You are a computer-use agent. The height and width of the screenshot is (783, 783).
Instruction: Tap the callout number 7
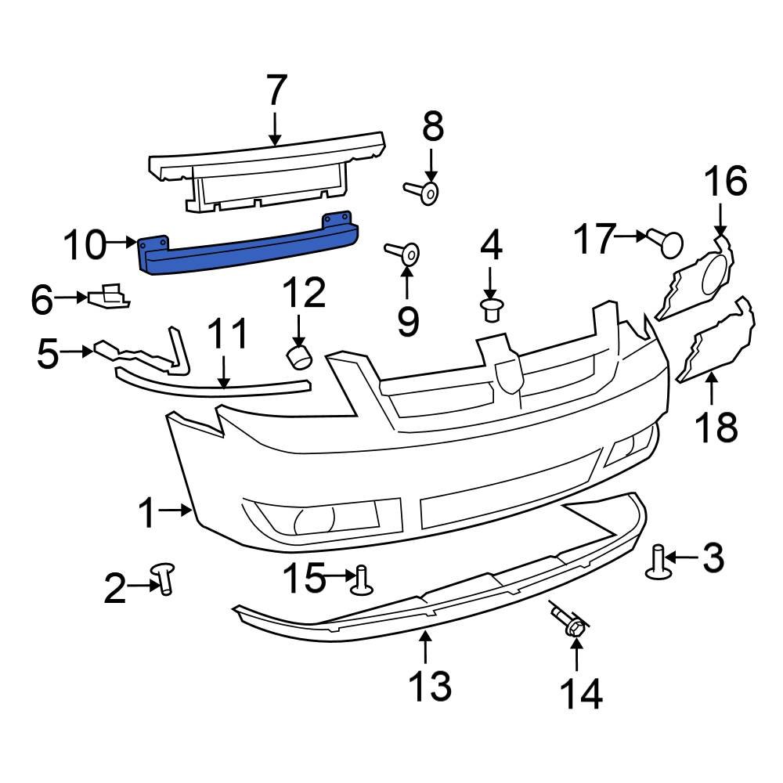(x=275, y=92)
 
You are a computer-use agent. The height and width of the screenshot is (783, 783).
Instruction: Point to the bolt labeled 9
(x=404, y=253)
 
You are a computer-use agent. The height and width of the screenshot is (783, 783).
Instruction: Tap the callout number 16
(x=725, y=182)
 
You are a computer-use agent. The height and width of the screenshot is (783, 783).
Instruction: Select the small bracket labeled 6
(x=110, y=298)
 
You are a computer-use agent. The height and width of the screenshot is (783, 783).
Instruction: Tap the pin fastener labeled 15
(x=361, y=580)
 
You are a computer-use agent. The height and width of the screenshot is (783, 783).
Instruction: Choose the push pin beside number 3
(x=659, y=563)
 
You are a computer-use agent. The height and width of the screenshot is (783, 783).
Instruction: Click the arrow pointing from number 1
(x=177, y=512)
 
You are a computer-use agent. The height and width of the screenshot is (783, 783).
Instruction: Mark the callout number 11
(x=228, y=334)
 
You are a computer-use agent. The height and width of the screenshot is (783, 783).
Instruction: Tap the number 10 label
(x=84, y=245)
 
